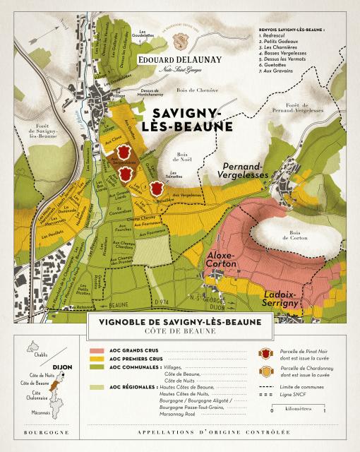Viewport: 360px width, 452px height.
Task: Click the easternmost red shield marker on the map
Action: click(157, 188)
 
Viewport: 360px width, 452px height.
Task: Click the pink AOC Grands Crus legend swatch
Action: click(97, 350)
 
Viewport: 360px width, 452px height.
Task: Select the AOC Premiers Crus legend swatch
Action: click(97, 359)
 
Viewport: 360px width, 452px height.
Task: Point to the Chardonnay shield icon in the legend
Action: click(267, 372)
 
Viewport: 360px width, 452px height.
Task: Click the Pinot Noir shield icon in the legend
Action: click(267, 353)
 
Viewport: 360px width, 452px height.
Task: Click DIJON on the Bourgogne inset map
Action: click(59, 367)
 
